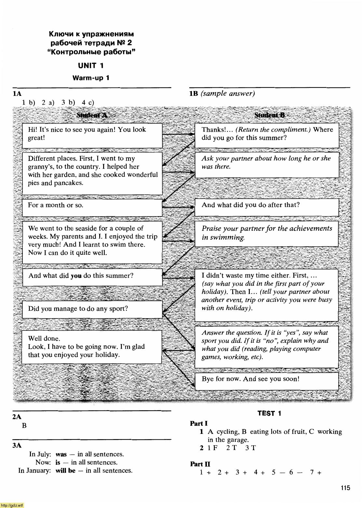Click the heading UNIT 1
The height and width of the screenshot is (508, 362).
91,66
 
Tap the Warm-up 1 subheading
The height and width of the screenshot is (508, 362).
91,78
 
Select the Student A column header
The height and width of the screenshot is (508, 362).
92,115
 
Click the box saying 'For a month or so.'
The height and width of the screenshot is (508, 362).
92,207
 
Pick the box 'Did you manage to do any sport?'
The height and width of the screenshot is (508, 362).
92,309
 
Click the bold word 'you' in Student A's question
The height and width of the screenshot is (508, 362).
76,276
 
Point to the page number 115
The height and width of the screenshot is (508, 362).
345,488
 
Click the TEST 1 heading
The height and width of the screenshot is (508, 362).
269,413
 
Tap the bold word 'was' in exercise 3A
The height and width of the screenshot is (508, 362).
61,454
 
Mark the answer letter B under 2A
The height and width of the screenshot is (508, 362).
24,426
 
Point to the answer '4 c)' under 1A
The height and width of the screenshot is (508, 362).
88,103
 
